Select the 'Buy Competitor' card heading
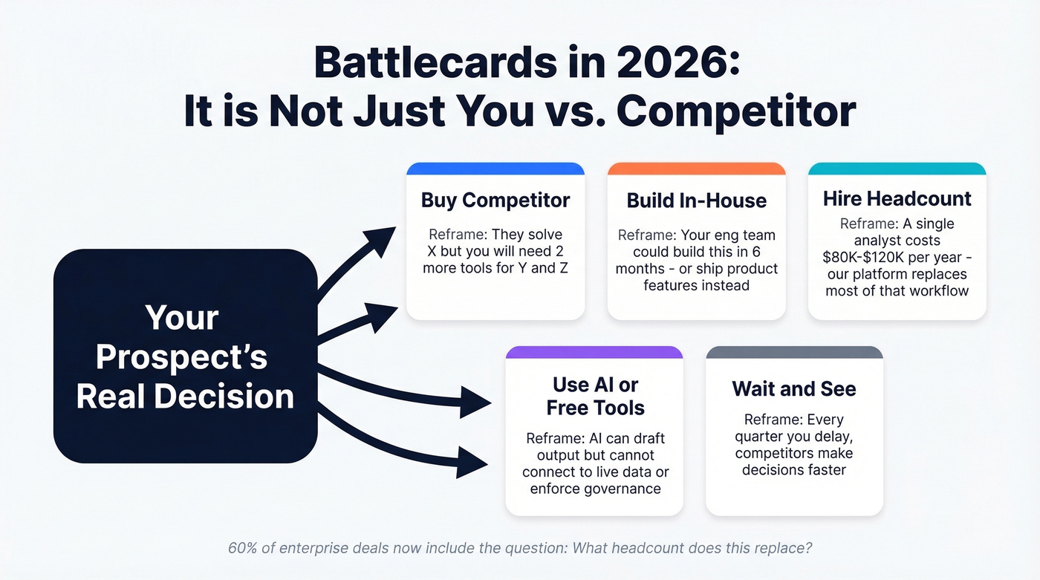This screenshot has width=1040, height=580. coord(495,200)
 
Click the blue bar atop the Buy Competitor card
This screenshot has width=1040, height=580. coord(495,169)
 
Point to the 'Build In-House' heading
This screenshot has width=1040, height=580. coord(696,201)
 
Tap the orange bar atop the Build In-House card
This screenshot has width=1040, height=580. coord(696,169)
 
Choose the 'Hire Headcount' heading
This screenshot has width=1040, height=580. coord(897,198)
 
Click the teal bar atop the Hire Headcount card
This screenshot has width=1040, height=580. coord(897,169)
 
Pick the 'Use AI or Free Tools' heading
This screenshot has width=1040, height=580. coord(595,396)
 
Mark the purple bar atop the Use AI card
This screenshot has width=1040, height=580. coord(594,352)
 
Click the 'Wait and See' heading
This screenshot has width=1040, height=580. coord(794,388)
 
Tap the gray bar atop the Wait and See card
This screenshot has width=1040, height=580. coord(794,352)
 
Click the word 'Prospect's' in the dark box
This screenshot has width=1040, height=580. coord(181,357)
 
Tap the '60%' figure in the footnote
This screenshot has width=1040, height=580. coord(243,548)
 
